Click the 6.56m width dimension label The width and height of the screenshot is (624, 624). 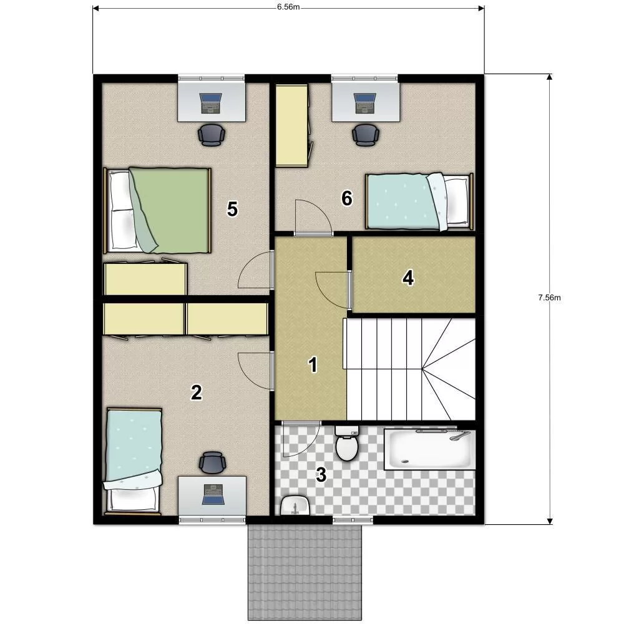point(288,7)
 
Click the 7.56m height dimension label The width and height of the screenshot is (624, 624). point(549,297)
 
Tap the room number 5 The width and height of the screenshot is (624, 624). point(232,209)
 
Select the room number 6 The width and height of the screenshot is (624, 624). point(347,198)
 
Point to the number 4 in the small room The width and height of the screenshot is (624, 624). point(408,278)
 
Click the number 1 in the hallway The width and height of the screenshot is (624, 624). point(313,364)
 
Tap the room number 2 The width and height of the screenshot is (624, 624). point(197,392)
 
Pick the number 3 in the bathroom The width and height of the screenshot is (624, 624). point(321,475)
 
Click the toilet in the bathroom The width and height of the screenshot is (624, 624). point(347,443)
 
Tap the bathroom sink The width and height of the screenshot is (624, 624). point(295,505)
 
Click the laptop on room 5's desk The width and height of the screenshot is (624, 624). point(210,104)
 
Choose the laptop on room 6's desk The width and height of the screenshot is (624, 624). point(365,104)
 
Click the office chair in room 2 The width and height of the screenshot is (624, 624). point(213,462)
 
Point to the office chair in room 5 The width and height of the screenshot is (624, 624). point(212,135)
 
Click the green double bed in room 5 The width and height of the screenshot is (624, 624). point(158,210)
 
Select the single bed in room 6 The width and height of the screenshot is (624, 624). point(419,202)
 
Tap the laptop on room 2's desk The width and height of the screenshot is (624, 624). point(213,494)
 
